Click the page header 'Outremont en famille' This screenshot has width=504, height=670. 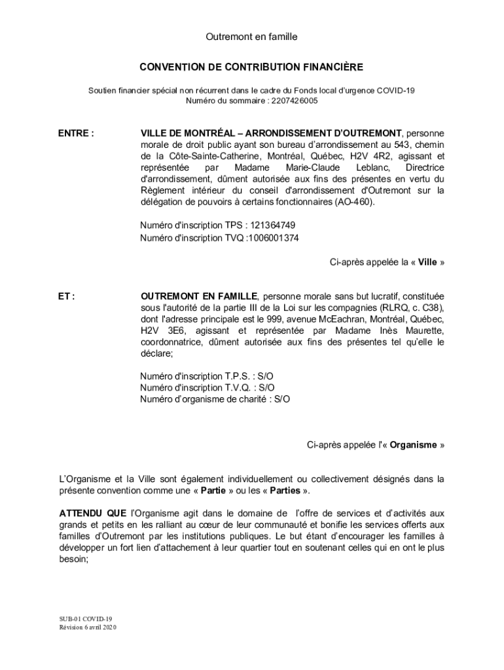pyautogui.click(x=251, y=37)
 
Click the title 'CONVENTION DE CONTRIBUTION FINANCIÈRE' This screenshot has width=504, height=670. pyautogui.click(x=251, y=67)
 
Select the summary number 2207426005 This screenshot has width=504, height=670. pyautogui.click(x=294, y=101)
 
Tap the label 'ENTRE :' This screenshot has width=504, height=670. pyautogui.click(x=76, y=133)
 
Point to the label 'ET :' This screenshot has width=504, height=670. pyautogui.click(x=66, y=296)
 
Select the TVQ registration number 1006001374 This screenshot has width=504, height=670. pyautogui.click(x=273, y=238)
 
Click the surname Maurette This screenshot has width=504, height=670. pyautogui.click(x=420, y=330)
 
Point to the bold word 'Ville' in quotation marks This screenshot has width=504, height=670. pyautogui.click(x=427, y=262)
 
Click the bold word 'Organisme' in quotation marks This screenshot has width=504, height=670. pyautogui.click(x=414, y=445)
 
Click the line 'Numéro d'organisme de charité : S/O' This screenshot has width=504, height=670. pyautogui.click(x=215, y=398)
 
